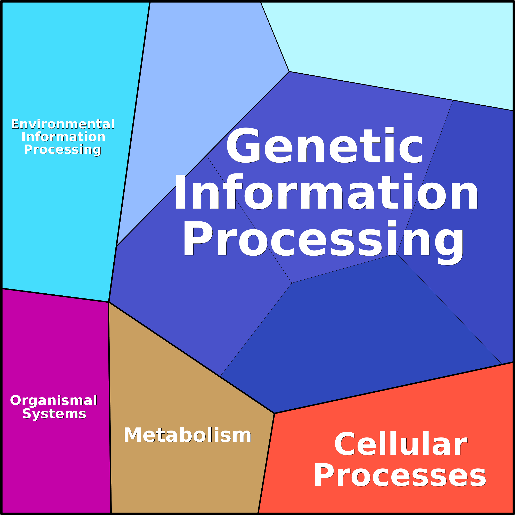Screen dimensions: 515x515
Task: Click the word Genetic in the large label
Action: point(324,146)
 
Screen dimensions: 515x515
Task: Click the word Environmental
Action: point(63,124)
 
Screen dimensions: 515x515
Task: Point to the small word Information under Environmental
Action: point(63,137)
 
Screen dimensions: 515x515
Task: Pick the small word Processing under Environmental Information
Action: point(62,149)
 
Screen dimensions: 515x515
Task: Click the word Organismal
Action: point(54,400)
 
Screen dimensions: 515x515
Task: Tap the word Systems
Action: point(54,414)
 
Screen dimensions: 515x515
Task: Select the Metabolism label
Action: point(187,435)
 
